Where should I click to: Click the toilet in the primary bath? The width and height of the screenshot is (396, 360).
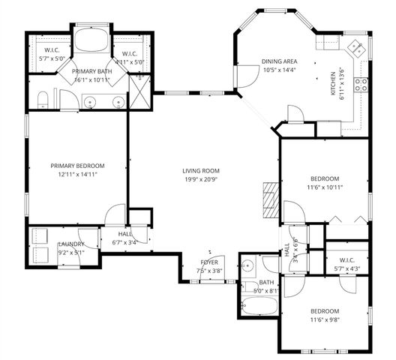click(x=43, y=99)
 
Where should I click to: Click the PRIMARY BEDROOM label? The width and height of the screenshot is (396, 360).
click(x=77, y=166)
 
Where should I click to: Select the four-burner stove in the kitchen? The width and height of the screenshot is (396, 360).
click(x=361, y=83)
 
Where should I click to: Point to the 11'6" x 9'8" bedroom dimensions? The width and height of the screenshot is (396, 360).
click(x=325, y=320)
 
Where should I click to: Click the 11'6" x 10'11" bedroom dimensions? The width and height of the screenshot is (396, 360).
click(x=325, y=188)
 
